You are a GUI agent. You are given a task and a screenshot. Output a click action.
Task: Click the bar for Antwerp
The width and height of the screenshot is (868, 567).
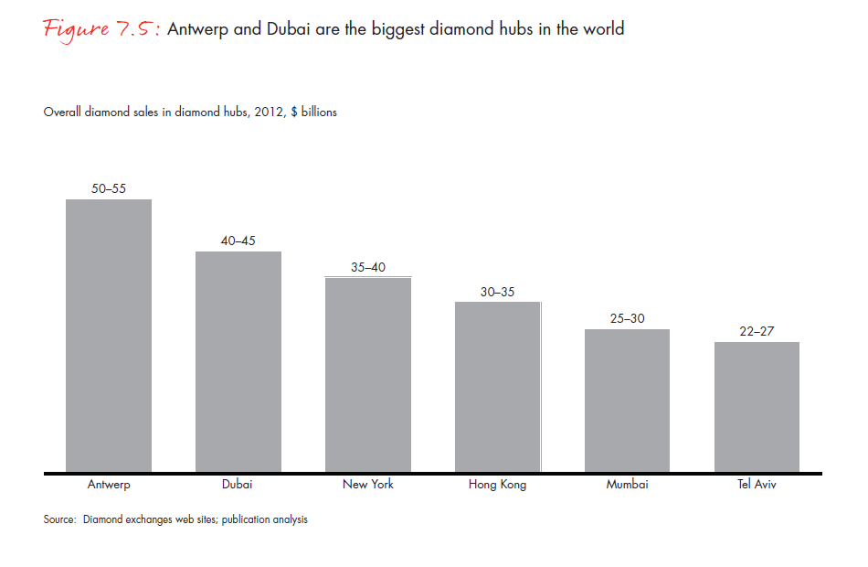pos(109,336)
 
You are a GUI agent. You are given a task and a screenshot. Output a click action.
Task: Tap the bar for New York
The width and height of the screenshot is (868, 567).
pos(368,375)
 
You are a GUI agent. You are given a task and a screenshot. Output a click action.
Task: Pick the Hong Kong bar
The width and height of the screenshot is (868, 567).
pos(498,387)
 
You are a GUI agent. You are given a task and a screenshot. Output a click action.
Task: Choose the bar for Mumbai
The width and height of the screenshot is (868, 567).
pos(627,401)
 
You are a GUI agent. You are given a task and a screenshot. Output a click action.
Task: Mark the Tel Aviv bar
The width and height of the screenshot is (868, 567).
pos(757,407)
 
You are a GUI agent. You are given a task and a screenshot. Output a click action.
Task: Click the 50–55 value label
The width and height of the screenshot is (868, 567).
pos(109,189)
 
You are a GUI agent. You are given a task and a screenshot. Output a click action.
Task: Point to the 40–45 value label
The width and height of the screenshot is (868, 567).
pos(238,241)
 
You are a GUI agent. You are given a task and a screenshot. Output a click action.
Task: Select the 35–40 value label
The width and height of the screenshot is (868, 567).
pos(368,268)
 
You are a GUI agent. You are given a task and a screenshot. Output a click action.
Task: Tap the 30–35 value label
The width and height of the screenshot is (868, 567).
pos(498,293)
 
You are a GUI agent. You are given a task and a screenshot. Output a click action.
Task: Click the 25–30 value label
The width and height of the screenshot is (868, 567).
pos(627,319)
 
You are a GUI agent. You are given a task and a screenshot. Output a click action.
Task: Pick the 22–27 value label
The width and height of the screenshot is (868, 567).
pos(757,332)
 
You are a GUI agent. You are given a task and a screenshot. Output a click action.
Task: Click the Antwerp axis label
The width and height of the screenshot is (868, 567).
pos(109,485)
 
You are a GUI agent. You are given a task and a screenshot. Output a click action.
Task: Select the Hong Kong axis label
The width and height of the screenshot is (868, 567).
pos(497,485)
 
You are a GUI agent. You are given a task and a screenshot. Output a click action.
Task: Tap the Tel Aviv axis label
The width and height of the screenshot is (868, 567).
pos(757,485)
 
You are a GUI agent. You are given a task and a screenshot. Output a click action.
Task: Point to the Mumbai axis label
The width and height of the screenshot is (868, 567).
pos(627,485)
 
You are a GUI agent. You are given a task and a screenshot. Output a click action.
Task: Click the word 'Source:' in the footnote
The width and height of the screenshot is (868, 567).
pos(59,519)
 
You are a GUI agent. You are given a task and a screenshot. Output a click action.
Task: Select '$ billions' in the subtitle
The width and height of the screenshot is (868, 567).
pos(313,112)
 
